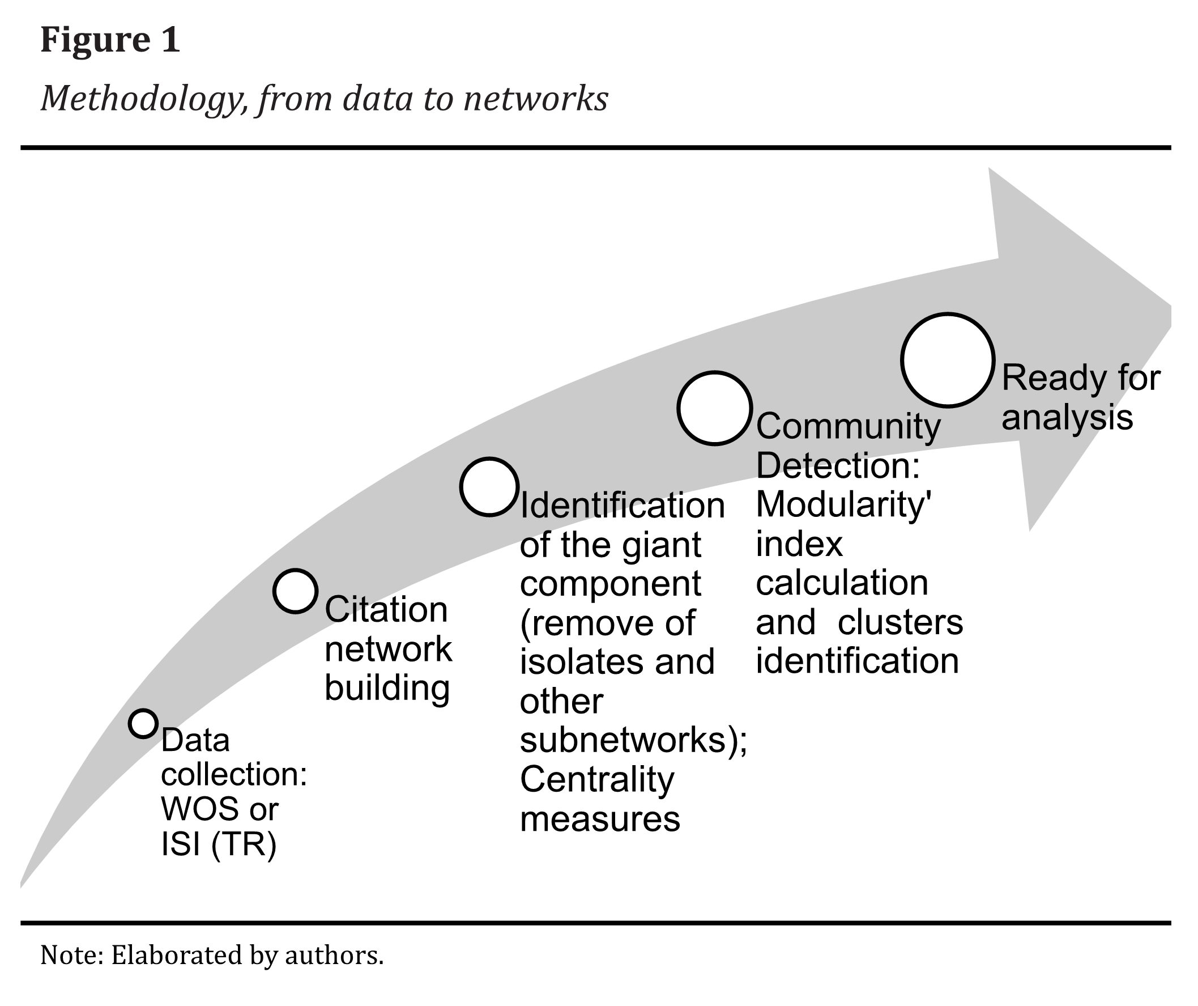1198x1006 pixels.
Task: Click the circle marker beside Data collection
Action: pos(143,723)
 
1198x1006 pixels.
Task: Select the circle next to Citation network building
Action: pos(295,591)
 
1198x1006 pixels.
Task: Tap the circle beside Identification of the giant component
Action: pos(489,486)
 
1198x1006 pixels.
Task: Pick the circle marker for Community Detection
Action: pos(714,408)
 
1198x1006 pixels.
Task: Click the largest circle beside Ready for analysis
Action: pos(948,360)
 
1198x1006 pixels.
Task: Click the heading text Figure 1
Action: pos(110,40)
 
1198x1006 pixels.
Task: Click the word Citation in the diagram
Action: pos(386,610)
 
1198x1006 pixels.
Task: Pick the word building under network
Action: pos(387,687)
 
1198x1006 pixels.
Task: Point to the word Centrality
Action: pos(596,780)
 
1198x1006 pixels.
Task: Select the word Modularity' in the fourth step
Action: pos(843,505)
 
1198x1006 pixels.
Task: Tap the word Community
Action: pos(848,427)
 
